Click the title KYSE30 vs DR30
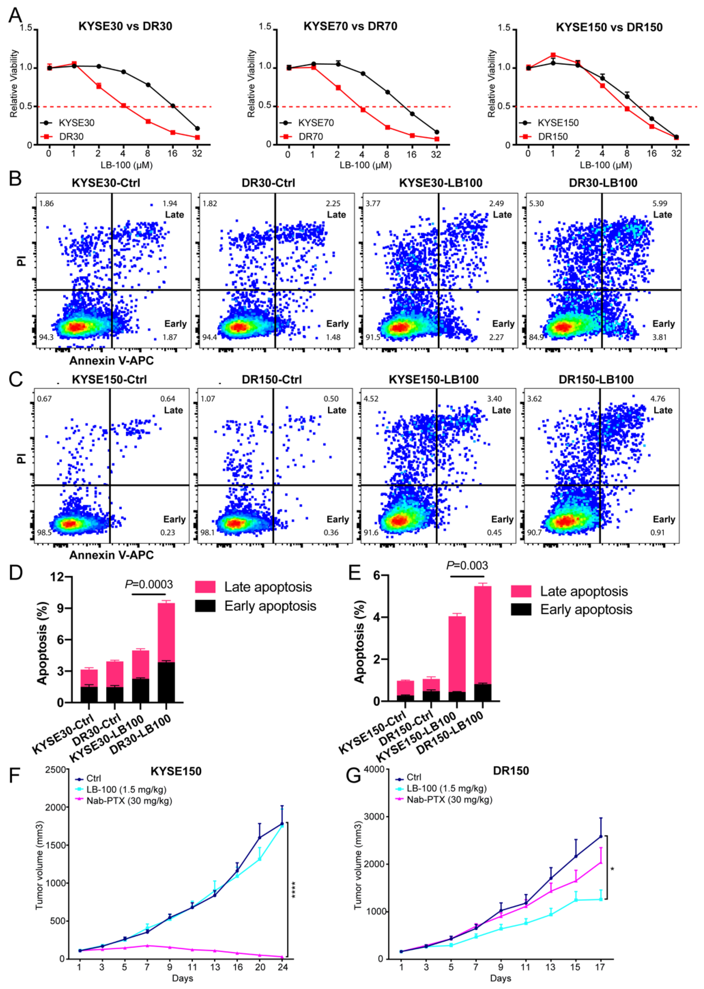click(x=125, y=27)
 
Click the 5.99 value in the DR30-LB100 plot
click(x=660, y=203)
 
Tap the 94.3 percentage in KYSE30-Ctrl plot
click(x=46, y=337)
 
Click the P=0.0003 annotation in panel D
click(x=149, y=584)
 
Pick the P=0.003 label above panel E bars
click(x=467, y=565)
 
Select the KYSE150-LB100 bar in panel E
click(x=457, y=658)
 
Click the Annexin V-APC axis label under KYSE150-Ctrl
click(x=111, y=555)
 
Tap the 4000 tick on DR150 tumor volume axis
click(x=376, y=769)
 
